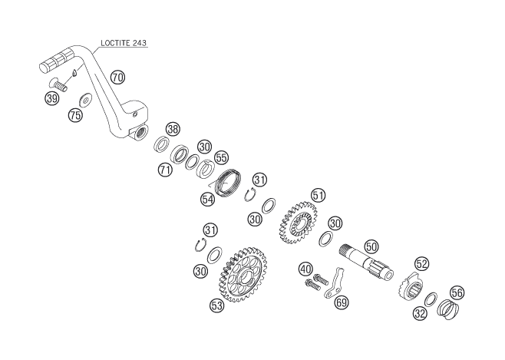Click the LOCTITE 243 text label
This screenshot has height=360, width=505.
click(x=124, y=43)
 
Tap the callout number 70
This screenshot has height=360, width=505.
click(x=117, y=78)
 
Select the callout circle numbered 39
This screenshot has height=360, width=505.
click(x=52, y=98)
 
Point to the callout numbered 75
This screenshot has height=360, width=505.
click(x=75, y=115)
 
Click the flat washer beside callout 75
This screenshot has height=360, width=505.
click(x=85, y=100)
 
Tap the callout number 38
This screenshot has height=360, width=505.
click(x=173, y=130)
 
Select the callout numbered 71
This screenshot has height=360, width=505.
click(x=165, y=170)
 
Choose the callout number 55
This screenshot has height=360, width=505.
click(x=221, y=157)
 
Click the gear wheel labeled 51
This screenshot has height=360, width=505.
click(x=297, y=223)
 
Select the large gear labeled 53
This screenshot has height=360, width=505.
click(x=245, y=274)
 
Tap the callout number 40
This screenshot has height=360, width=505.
click(x=305, y=269)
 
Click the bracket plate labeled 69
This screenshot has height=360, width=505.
click(x=335, y=282)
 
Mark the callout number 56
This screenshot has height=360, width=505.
click(x=457, y=292)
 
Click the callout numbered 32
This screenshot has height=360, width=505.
click(x=420, y=313)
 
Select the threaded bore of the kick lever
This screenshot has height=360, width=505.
click(x=141, y=131)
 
